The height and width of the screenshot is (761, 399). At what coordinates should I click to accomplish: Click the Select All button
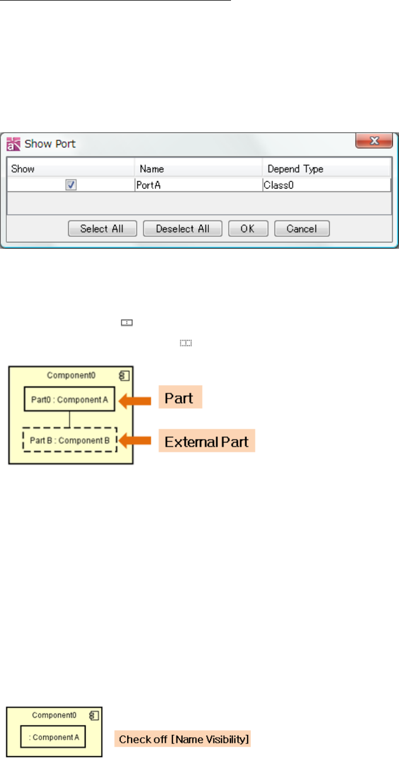[x=102, y=229]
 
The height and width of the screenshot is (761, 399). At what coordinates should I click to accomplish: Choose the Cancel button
[x=302, y=229]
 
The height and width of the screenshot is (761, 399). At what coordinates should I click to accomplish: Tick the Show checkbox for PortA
[x=71, y=185]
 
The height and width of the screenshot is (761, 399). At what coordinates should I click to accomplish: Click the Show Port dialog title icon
[x=13, y=144]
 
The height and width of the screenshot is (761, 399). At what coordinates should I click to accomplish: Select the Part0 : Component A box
[x=70, y=399]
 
